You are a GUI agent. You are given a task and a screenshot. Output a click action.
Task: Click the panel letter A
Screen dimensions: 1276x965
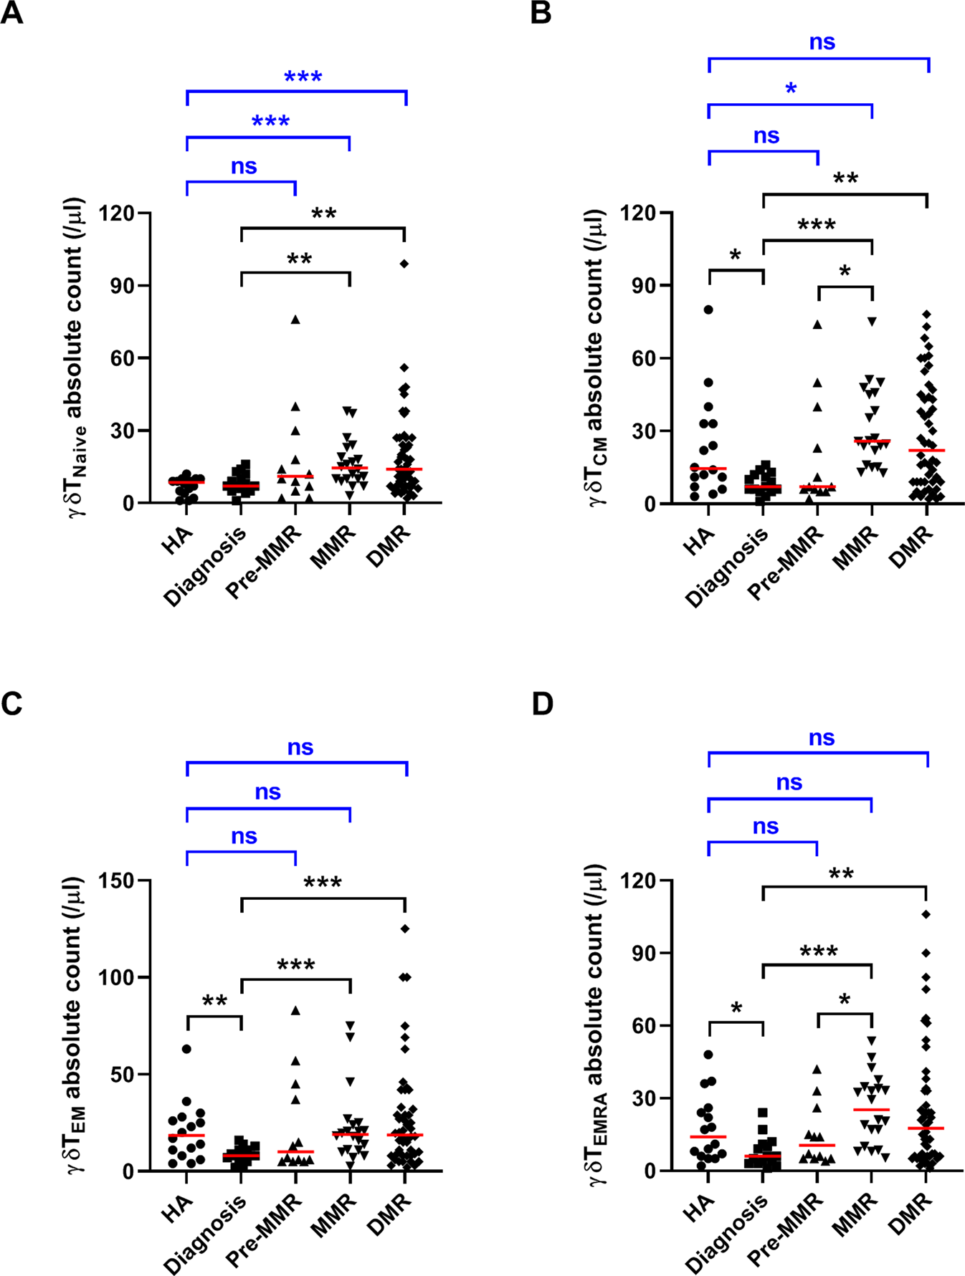pos(11,13)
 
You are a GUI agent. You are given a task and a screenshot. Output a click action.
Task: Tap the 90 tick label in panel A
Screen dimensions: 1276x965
pos(119,286)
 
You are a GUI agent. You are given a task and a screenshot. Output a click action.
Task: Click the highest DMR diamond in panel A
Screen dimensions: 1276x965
pos(404,264)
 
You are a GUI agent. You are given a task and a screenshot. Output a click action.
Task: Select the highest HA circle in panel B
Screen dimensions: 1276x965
pos(708,310)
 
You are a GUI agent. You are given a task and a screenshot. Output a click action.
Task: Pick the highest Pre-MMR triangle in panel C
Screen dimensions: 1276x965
pos(295,1010)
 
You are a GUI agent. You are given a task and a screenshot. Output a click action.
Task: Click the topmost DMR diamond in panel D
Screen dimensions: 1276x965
pos(926,914)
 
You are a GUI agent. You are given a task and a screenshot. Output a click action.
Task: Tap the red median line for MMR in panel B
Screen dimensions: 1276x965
pos(872,441)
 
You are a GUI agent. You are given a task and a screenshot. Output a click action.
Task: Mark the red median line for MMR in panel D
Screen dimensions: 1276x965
pos(872,1109)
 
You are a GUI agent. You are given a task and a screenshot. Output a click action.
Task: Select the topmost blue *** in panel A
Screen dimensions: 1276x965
pos(303,77)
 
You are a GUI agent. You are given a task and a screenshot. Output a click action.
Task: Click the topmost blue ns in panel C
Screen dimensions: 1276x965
pos(300,747)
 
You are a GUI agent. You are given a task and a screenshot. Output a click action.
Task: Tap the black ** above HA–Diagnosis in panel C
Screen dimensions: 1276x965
pos(214,1001)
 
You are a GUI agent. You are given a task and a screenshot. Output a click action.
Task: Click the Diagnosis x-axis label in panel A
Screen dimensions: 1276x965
pos(205,567)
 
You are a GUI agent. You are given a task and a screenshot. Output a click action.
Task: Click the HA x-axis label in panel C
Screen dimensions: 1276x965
pos(176,1207)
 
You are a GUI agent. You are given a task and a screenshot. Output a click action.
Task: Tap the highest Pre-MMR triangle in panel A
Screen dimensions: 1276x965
pos(295,320)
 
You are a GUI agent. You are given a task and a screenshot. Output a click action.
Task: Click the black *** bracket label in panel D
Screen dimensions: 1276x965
pos(818,951)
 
